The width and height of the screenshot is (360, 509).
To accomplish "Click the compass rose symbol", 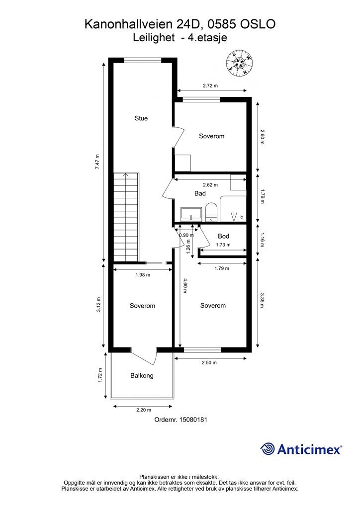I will pyautogui.click(x=241, y=64).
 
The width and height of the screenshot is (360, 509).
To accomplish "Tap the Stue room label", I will pyautogui.click(x=141, y=118).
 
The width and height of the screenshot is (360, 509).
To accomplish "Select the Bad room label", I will pyautogui.click(x=200, y=193).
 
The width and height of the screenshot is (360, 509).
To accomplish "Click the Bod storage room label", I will pyautogui.click(x=223, y=237).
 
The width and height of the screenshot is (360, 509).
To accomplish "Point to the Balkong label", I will pyautogui.click(x=142, y=376).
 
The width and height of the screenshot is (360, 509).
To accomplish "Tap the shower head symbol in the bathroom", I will pyautogui.click(x=233, y=216).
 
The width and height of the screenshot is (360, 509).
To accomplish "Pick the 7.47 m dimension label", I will pyautogui.click(x=98, y=162).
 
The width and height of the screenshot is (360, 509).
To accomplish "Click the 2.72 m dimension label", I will pyautogui.click(x=210, y=85).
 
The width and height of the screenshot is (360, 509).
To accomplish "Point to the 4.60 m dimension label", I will pyautogui.click(x=185, y=285).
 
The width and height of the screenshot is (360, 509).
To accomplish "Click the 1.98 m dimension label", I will pyautogui.click(x=143, y=274).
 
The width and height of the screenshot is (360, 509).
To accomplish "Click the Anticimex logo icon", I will pyautogui.click(x=268, y=449).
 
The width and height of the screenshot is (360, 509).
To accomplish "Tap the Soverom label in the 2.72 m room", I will pyautogui.click(x=212, y=136).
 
